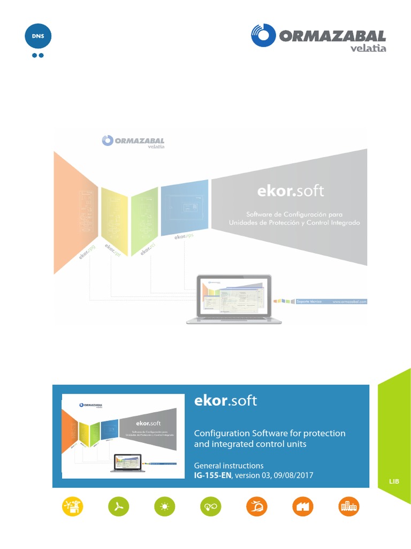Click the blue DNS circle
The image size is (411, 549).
click(x=38, y=36)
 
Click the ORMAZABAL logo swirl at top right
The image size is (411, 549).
click(x=263, y=35)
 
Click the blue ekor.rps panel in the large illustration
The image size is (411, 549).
click(x=184, y=209)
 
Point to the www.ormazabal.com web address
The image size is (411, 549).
click(x=349, y=302)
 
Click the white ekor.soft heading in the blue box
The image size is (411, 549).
click(x=225, y=400)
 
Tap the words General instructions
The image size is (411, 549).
click(x=229, y=465)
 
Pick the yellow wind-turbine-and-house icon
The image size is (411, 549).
click(x=72, y=506)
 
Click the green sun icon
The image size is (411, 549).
click(x=164, y=506)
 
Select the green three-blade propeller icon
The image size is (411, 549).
click(x=118, y=506)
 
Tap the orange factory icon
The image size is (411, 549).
click(x=303, y=506)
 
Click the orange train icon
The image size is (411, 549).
click(x=256, y=506)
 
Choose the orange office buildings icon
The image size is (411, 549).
click(x=349, y=506)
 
